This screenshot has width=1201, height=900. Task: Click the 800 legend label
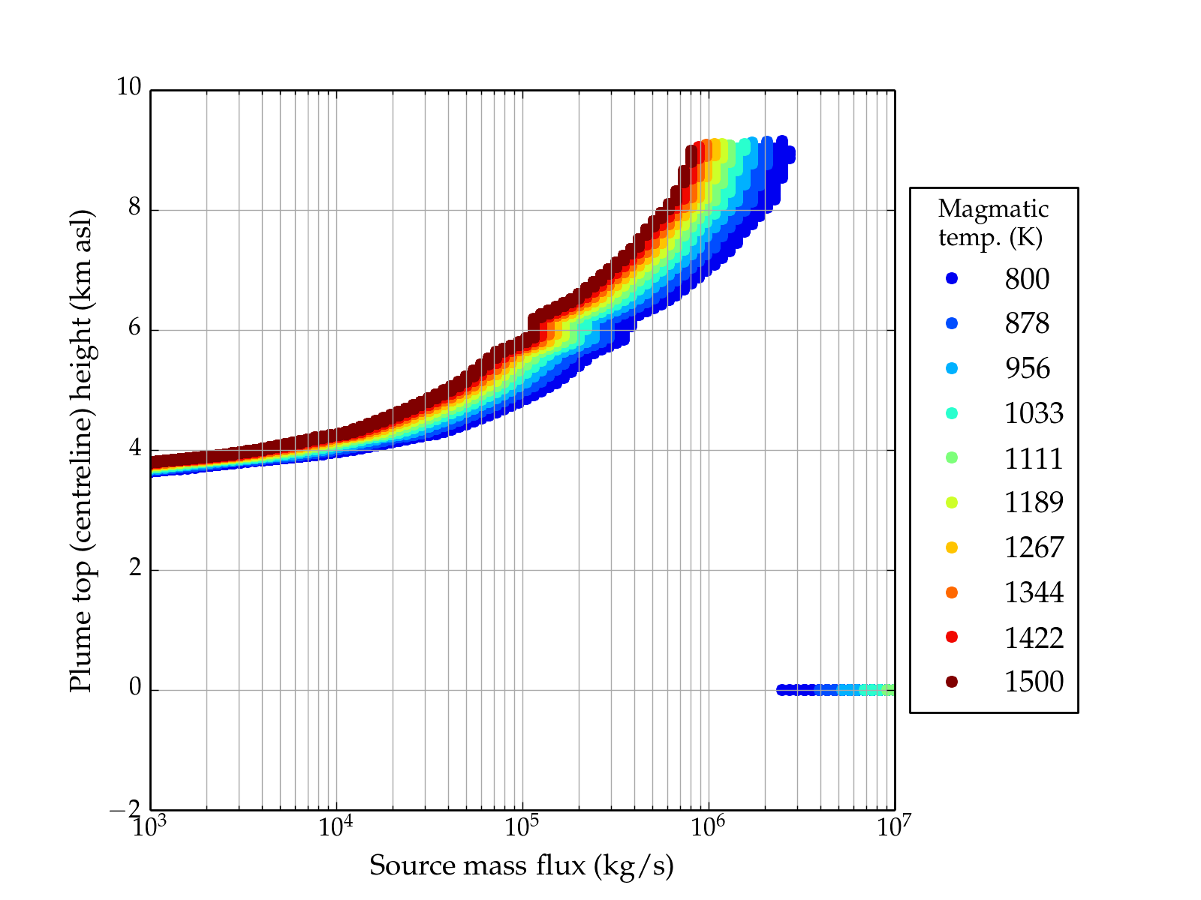coord(1027,279)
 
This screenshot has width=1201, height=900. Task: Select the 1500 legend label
coord(1034,682)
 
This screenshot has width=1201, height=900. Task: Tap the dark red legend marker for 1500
coord(952,682)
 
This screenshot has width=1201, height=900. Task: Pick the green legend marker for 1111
coord(952,457)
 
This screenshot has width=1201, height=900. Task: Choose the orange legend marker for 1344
coord(952,592)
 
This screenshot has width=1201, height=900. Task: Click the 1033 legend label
coord(1034,413)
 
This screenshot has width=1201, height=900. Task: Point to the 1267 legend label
coord(1034,547)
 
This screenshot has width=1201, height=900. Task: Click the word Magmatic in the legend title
coord(993,208)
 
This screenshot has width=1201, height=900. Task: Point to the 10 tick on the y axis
coord(128,87)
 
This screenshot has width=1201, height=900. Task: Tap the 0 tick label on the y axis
coord(135,688)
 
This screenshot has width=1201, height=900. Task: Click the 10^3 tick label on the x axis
coord(150,826)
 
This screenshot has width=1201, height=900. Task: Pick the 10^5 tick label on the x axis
coord(522,826)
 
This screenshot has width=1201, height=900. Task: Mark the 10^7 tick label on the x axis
coord(894,826)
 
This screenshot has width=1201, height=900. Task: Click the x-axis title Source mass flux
coord(522,865)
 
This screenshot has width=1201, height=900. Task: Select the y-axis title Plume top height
coord(80,450)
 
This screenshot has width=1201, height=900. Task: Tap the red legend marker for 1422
coord(952,637)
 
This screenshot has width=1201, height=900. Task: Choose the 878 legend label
coord(1027,323)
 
